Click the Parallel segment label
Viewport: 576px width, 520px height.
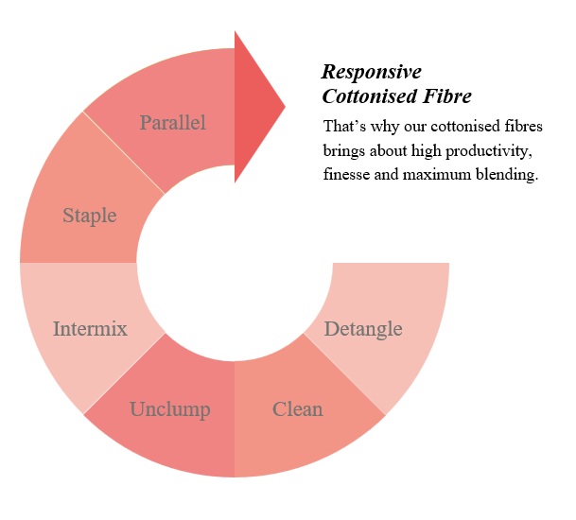tap(172, 122)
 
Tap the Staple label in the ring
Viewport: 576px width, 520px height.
tap(90, 216)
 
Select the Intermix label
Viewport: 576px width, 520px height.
tap(90, 329)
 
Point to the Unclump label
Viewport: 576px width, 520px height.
tap(169, 409)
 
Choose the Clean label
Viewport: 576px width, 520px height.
tap(297, 409)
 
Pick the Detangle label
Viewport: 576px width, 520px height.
tap(363, 329)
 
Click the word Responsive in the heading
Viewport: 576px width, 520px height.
tap(372, 73)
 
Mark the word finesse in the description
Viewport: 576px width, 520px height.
tap(347, 176)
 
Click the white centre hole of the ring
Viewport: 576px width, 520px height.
tap(235, 264)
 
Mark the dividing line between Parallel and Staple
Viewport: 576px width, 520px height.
tap(124, 153)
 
